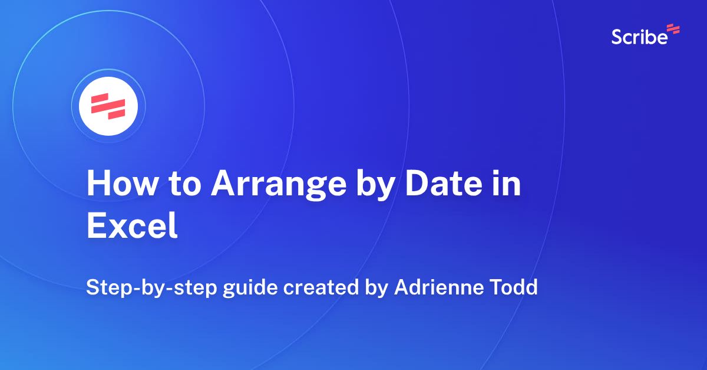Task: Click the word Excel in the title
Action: click(132, 225)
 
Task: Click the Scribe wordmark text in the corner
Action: click(639, 37)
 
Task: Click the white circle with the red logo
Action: click(108, 106)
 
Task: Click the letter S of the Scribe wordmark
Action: click(617, 37)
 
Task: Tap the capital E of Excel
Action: click(95, 225)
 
